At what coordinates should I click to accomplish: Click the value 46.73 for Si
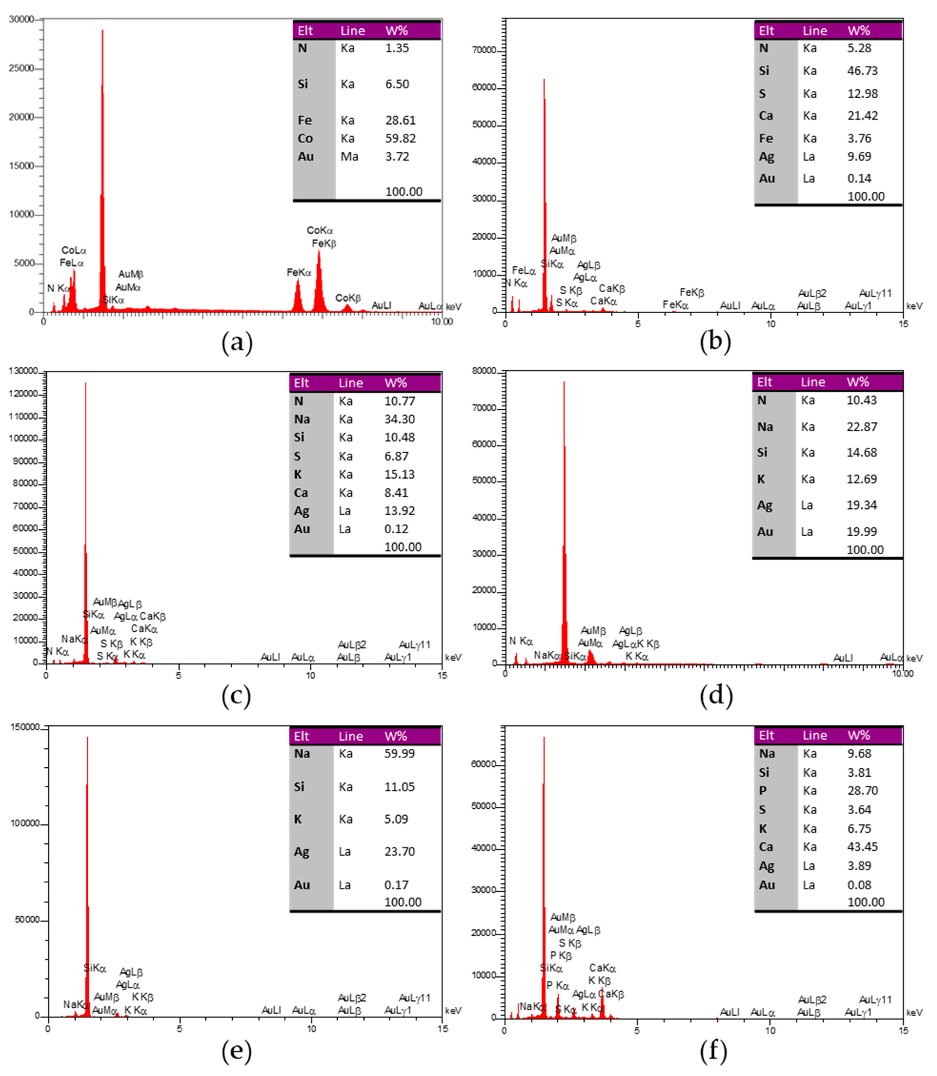click(862, 71)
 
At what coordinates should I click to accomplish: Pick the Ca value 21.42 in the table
click(862, 116)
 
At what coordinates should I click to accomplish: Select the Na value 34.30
click(399, 419)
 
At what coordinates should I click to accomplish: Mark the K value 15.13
click(399, 474)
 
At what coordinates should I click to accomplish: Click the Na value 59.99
click(399, 754)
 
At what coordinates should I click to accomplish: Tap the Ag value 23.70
click(399, 852)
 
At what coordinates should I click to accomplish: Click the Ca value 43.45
click(862, 847)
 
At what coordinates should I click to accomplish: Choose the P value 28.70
click(862, 791)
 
